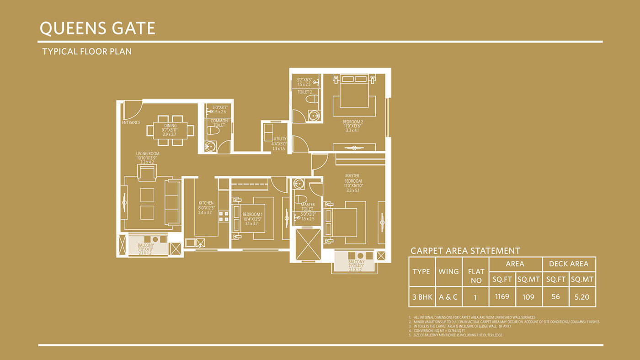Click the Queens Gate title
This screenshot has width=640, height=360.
click(98, 28)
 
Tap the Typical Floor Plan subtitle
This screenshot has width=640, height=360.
click(87, 52)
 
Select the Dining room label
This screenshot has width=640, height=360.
click(170, 126)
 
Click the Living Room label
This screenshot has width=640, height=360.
click(147, 154)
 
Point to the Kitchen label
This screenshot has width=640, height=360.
click(206, 203)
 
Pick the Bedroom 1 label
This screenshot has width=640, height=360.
click(252, 214)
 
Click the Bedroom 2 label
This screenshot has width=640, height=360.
click(353, 122)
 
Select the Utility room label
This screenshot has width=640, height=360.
click(279, 138)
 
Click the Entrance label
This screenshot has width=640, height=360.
click(131, 122)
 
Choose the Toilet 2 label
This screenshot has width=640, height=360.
click(304, 92)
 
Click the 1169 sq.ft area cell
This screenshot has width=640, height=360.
click(502, 297)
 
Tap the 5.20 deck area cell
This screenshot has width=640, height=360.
click(582, 297)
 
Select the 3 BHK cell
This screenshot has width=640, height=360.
click(422, 297)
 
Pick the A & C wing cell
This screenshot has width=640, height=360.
click(448, 297)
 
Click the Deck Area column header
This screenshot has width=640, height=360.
click(569, 264)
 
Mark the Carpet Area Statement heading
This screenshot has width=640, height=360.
click(465, 251)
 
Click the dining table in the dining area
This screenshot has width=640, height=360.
click(170, 130)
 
